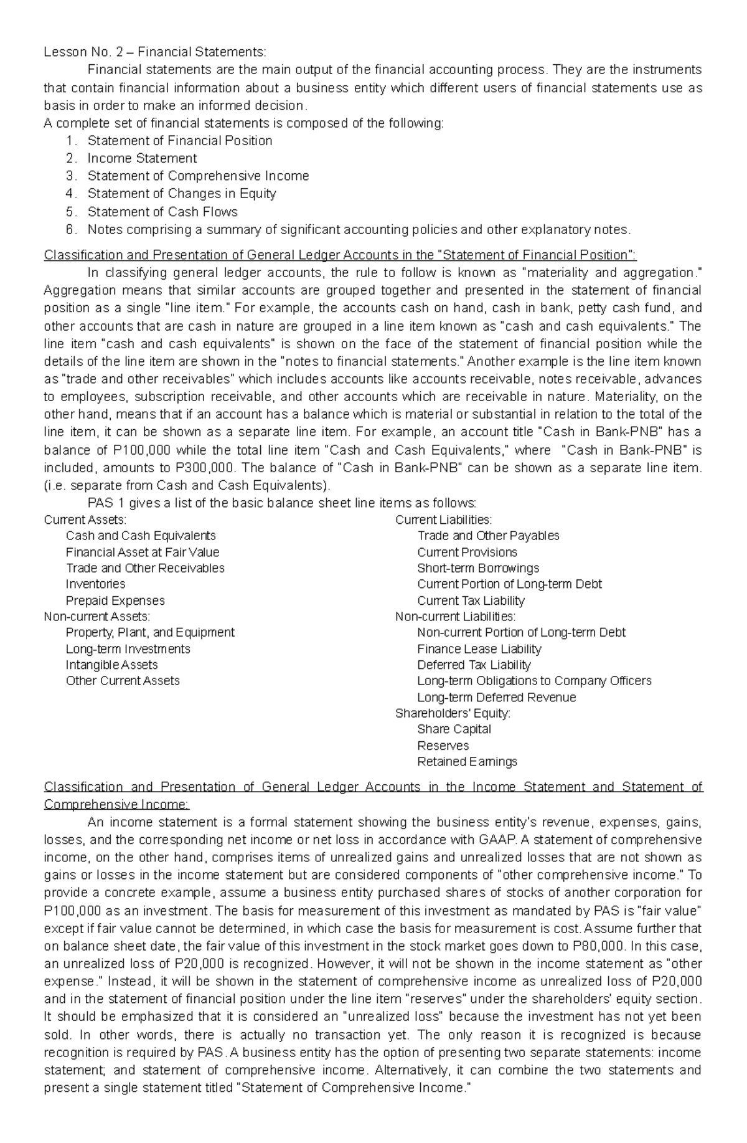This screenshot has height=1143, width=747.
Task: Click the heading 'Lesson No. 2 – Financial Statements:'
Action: (154, 52)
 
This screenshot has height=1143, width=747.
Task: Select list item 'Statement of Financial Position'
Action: (180, 141)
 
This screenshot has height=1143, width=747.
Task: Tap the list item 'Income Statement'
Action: (142, 158)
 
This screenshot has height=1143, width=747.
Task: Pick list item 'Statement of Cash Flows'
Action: (162, 212)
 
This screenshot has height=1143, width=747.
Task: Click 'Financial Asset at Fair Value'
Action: (143, 552)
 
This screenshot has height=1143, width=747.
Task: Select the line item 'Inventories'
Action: (95, 584)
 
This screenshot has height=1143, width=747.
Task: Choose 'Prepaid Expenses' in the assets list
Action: (115, 600)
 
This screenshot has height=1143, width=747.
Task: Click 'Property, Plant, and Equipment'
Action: (150, 633)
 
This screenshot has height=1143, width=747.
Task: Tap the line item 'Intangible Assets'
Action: (112, 665)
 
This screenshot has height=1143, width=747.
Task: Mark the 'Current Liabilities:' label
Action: (443, 519)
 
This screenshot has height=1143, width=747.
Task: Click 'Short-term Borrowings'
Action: (478, 568)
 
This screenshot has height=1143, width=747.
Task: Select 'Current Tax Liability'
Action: (471, 600)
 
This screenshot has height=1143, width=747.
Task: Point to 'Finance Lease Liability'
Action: (479, 649)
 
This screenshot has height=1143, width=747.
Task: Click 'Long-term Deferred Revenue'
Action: (496, 698)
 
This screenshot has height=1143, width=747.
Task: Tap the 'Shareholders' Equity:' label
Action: (453, 713)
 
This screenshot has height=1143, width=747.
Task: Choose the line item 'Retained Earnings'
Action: (467, 762)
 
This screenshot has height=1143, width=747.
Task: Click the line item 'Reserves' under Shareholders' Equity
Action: (443, 746)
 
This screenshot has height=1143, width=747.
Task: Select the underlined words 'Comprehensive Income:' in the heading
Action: (116, 804)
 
